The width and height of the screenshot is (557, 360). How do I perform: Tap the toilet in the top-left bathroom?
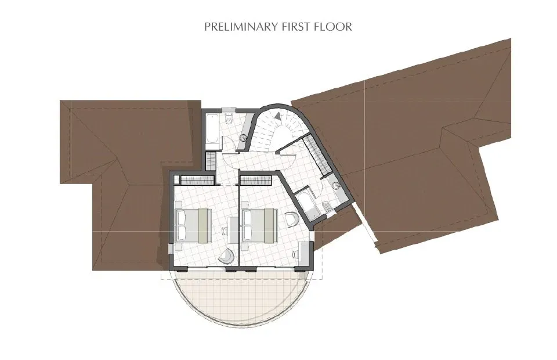(229, 120)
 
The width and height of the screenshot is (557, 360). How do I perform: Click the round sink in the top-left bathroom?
(243, 138)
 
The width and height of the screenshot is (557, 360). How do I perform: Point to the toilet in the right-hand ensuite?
(328, 206)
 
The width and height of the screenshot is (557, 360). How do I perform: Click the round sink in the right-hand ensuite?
(337, 186)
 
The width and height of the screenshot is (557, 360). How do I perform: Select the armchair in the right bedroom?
(292, 219)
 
